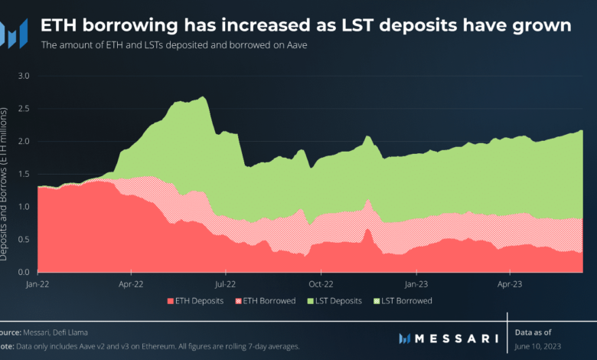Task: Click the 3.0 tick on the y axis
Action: pos(23,76)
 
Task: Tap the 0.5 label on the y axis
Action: pos(23,240)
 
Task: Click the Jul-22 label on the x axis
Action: pos(226,283)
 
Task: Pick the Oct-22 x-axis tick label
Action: pos(321,283)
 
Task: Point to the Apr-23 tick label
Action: pos(511,283)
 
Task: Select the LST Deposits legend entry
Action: pos(331,301)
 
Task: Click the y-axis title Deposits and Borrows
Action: pos(5,184)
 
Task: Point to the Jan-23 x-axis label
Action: pos(416,283)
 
